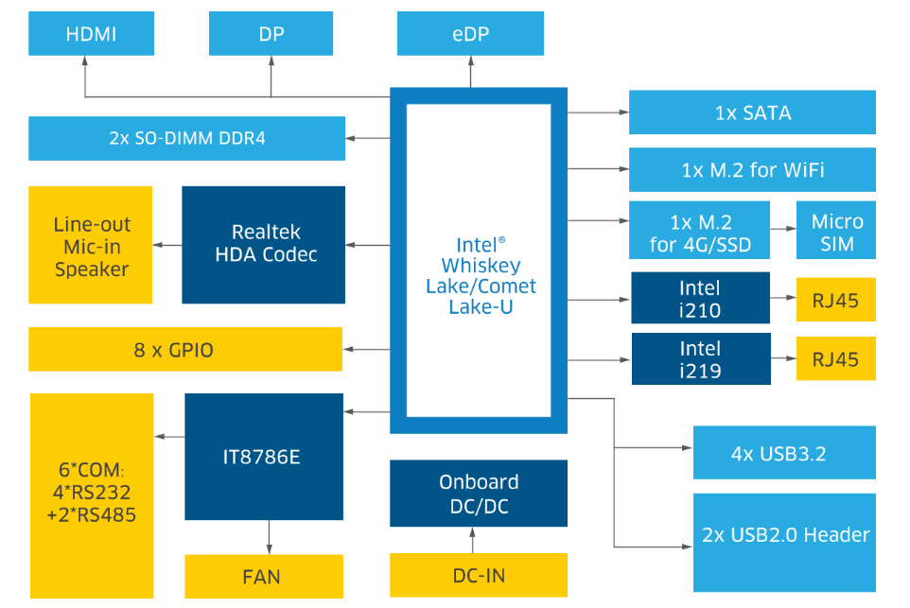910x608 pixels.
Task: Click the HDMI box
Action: pos(91,34)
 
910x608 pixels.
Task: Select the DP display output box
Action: pos(271,34)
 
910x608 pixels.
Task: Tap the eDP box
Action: pos(470,34)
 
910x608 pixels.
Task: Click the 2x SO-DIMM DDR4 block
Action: pos(186,138)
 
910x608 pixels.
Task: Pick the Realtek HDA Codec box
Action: pos(264,244)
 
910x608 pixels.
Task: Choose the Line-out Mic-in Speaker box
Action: pos(91,245)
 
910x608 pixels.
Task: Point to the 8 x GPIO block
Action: pos(185,350)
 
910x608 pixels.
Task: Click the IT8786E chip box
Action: pos(263,457)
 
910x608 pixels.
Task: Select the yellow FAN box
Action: pos(263,576)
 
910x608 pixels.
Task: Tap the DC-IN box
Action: pos(479,575)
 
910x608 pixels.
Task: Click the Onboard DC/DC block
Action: pos(479,494)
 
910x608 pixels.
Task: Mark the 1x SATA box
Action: pos(752,113)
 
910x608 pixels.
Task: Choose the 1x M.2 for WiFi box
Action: pos(752,170)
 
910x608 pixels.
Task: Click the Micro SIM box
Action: pos(837,233)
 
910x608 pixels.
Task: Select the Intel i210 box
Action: pos(700,299)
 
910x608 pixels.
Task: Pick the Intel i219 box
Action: pos(700,358)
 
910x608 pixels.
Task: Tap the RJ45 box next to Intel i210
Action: pos(836,299)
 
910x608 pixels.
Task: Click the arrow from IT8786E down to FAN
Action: pos(270,538)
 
